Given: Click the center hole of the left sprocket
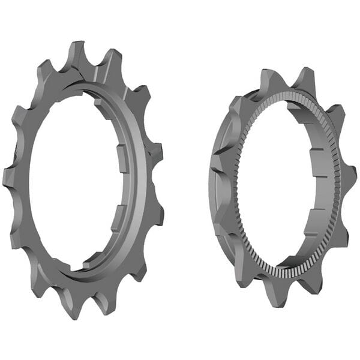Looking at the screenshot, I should pyautogui.click(x=72, y=180).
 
